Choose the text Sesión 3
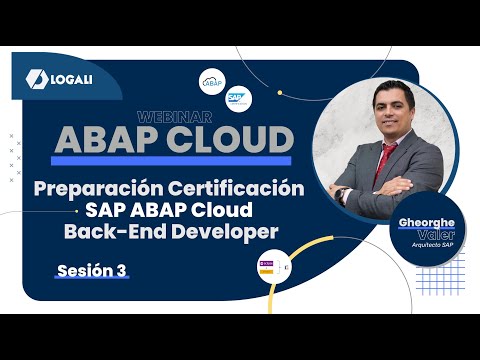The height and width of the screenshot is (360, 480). (92, 270)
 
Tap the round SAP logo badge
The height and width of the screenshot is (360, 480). (238, 98)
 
